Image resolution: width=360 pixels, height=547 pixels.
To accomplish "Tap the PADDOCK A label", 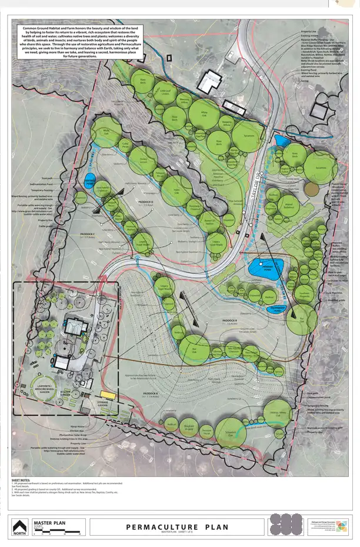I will pos(151,393).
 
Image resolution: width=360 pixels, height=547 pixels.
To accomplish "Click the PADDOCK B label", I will pos(229,320).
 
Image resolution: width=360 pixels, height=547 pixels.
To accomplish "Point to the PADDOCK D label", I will pos(145,202).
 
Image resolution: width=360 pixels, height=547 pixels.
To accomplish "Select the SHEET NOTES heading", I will pos(22,480).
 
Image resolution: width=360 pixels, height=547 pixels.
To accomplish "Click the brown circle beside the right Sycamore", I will pos(312,189).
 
